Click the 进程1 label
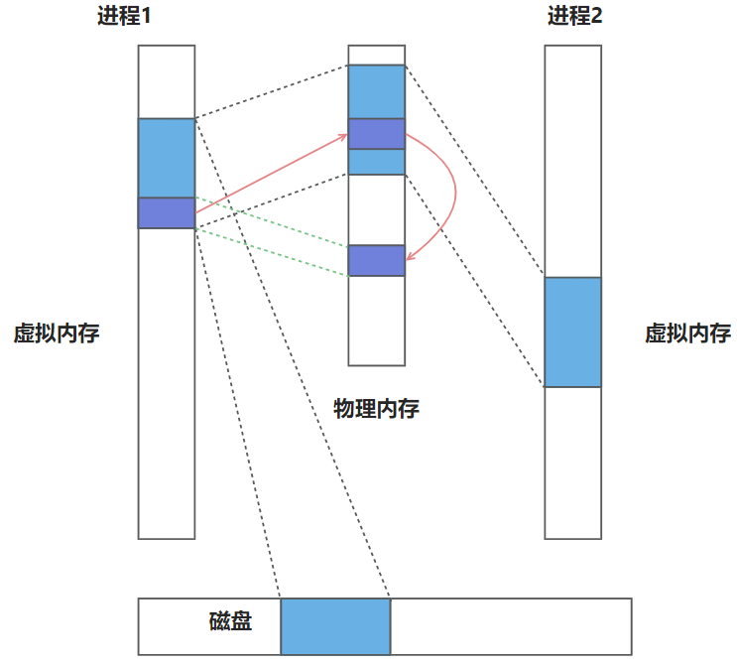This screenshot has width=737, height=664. pyautogui.click(x=123, y=17)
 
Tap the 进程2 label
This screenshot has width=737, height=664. pyautogui.click(x=573, y=17)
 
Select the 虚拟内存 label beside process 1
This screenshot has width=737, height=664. pyautogui.click(x=57, y=333)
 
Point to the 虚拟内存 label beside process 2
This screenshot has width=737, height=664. pyautogui.click(x=687, y=333)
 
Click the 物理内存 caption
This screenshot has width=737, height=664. pyautogui.click(x=376, y=409)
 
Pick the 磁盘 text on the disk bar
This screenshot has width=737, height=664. pyautogui.click(x=230, y=622)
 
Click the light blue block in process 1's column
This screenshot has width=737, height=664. pyautogui.click(x=167, y=158)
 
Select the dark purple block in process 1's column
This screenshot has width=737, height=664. pyautogui.click(x=167, y=212)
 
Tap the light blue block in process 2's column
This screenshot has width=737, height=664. pyautogui.click(x=573, y=332)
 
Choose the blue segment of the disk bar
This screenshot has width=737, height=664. pyautogui.click(x=335, y=626)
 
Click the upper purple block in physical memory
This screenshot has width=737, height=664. pyautogui.click(x=377, y=134)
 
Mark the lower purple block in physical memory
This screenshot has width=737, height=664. pyautogui.click(x=377, y=260)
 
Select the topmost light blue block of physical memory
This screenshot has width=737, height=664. pyautogui.click(x=377, y=91)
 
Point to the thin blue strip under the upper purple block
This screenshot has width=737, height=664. pyautogui.click(x=377, y=162)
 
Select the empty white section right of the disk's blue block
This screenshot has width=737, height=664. pyautogui.click(x=510, y=626)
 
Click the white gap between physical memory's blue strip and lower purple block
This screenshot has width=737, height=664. pyautogui.click(x=377, y=209)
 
